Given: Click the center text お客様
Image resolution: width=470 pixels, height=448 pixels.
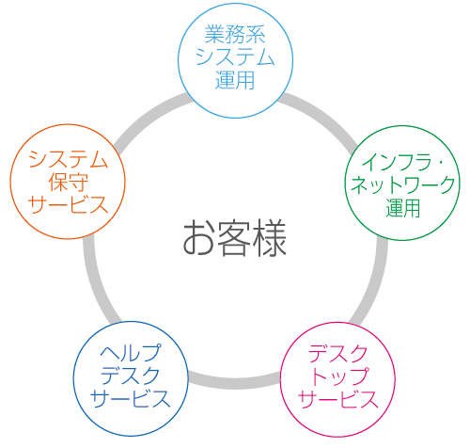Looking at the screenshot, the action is point(235,238).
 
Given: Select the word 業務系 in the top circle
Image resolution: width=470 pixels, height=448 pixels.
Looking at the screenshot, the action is point(235,35).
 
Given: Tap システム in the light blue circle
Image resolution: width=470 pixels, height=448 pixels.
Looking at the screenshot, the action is point(235,57).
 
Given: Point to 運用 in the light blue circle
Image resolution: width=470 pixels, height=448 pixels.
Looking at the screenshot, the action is point(235,80).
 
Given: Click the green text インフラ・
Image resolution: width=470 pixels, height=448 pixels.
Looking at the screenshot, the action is point(403,163).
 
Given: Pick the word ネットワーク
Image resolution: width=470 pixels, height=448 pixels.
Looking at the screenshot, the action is point(403,185).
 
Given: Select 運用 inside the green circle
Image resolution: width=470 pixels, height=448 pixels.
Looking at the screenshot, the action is point(403,208).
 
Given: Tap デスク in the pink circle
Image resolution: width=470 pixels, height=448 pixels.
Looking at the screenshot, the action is point(337,354).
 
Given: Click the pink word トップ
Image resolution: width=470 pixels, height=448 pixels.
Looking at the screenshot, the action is point(338,376).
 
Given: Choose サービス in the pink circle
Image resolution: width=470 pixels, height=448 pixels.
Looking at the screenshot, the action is point(338,399).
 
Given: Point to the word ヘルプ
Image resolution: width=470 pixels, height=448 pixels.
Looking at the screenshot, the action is point(131,353).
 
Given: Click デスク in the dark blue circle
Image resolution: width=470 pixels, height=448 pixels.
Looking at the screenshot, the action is point(131,376).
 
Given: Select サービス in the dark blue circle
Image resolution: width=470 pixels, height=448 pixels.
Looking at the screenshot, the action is point(131,398).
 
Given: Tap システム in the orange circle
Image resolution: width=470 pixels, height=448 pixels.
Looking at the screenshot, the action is point(68,159).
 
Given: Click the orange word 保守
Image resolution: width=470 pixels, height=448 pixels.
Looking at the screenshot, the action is point(68,182).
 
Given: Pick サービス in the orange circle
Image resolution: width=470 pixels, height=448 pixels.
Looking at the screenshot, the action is point(68,204).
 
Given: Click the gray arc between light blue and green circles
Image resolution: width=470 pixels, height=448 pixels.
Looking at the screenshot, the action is point(322,115).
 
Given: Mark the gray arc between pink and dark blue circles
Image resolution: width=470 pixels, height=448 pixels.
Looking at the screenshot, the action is point(235,384).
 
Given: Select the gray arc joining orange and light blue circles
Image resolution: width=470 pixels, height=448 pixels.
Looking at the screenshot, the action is point(148,115).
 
